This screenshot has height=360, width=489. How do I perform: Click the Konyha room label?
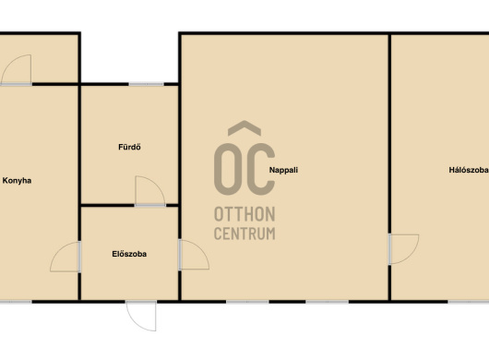coord(17,181)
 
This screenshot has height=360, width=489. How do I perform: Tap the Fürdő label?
coord(129,147)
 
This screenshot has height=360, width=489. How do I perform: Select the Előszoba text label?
coord(129,254)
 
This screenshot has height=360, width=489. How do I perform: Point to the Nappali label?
coord(283,170)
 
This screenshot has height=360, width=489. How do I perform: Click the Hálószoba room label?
coord(469,170)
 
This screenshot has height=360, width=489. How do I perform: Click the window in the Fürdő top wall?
coord(147,84)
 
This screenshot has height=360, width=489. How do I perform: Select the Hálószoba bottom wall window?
coord(469,302)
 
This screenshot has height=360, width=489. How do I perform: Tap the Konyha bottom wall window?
coord(16,302)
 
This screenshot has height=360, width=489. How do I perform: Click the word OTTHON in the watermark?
coord(244,214)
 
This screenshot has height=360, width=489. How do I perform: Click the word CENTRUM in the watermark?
coord(244,234)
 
